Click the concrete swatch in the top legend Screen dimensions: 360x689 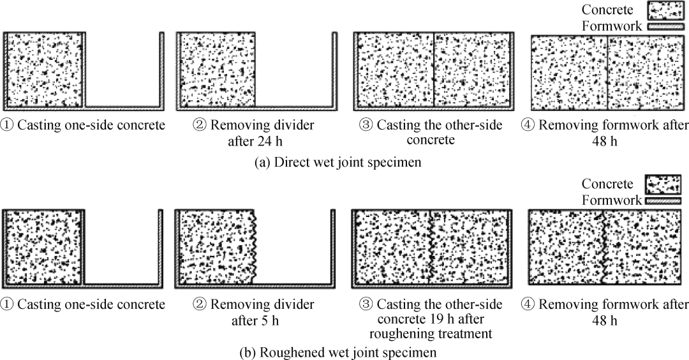click(x=664, y=11)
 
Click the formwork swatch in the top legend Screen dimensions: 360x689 click(x=664, y=27)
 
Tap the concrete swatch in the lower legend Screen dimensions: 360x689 click(x=663, y=184)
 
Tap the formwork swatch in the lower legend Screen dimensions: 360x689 click(x=663, y=200)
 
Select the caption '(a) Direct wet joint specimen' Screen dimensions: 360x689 click(x=338, y=163)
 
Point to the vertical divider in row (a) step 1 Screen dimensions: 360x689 click(x=84, y=69)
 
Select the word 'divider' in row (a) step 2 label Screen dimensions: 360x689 click(x=295, y=125)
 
